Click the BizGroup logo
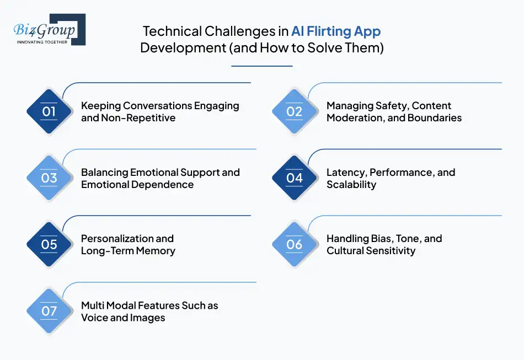coord(49,29)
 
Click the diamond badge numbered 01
coord(49,112)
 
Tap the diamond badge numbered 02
coord(295,112)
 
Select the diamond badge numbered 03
coord(49,178)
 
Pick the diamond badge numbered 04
coord(295,178)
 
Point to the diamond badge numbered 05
coord(49,244)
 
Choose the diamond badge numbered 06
coord(295,244)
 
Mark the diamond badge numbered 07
coord(49,311)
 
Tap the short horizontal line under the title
coord(261,66)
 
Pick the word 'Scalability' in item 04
coord(351,184)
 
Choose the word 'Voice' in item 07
coord(95,318)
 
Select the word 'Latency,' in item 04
coord(346,172)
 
